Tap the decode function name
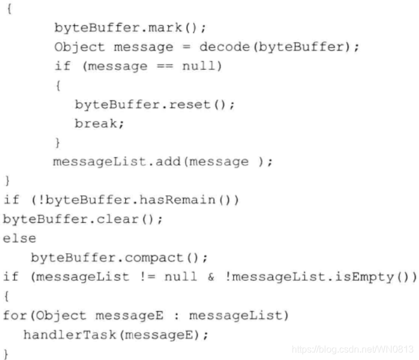219,47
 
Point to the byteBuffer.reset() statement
154,105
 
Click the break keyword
92,124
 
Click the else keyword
19,238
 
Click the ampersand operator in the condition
211,277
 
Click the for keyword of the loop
15,315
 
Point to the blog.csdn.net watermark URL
353,349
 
